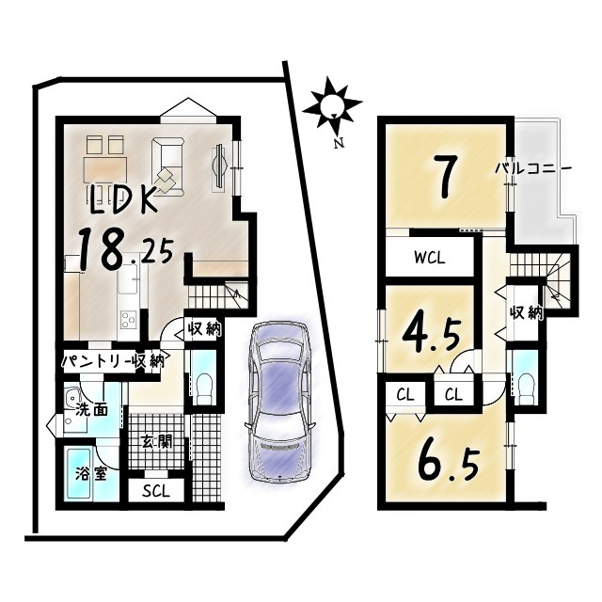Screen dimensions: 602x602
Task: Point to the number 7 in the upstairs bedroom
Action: pyautogui.click(x=445, y=175)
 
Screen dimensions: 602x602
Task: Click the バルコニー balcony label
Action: pyautogui.click(x=533, y=169)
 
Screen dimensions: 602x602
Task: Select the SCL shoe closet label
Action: pyautogui.click(x=156, y=491)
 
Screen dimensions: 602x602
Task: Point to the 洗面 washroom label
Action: pyautogui.click(x=92, y=410)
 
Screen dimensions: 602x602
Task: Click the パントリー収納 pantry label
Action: pyautogui.click(x=115, y=360)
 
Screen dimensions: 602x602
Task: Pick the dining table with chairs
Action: pyautogui.click(x=104, y=164)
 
